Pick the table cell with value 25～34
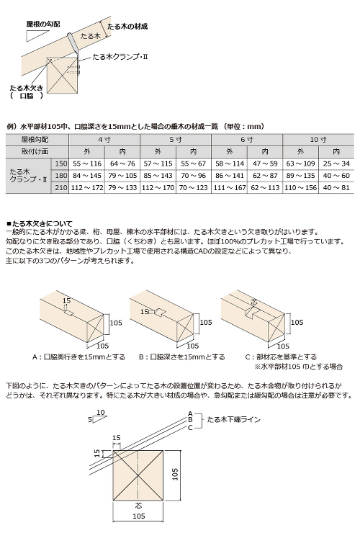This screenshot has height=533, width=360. coord(336,164)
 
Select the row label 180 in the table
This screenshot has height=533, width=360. coord(61,176)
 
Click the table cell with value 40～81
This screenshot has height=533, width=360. coord(336,188)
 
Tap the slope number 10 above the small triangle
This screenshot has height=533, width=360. coord(100,412)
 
